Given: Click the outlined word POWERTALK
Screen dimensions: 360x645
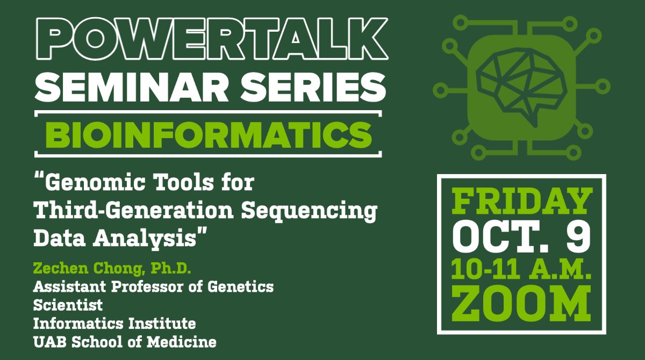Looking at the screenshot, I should click(x=211, y=41).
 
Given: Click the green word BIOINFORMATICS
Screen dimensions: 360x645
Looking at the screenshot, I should click(x=208, y=134).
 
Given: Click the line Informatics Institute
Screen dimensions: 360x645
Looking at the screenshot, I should click(x=114, y=323).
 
